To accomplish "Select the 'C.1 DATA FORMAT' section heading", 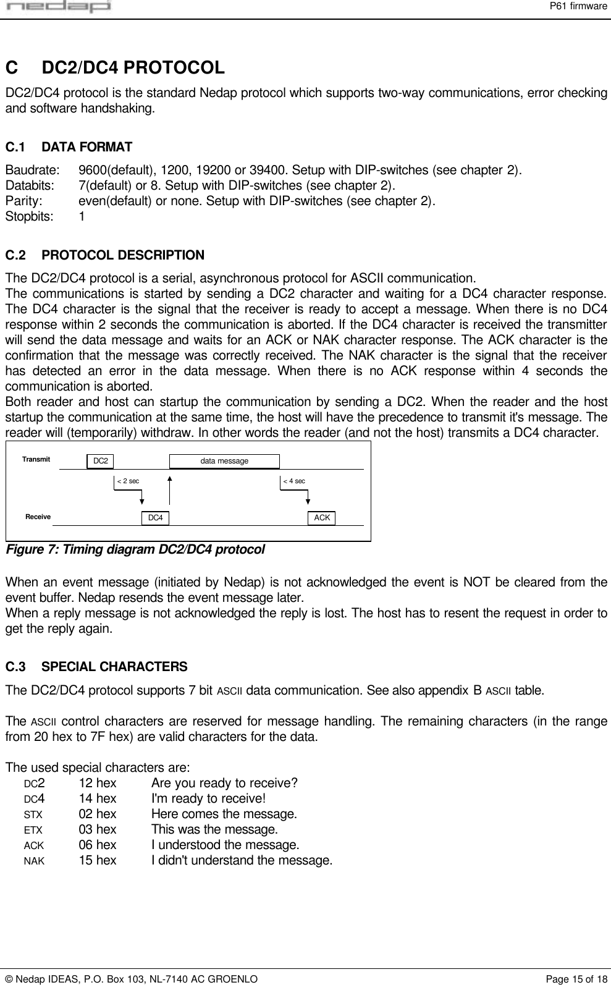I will tap(69, 147).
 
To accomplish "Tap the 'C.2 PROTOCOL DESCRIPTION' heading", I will tap(104, 255).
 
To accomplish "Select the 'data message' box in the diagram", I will tap(224, 461).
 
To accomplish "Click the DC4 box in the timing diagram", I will tap(155, 518).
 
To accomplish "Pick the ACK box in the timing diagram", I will tap(321, 517).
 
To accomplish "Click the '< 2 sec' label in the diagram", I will tap(128, 481).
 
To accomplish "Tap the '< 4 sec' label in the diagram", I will tap(293, 481).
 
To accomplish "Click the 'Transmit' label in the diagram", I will tap(36, 460).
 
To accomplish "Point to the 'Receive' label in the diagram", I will tap(38, 517).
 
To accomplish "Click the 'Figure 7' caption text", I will tap(135, 549).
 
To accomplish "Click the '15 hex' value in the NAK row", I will tap(97, 860).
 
